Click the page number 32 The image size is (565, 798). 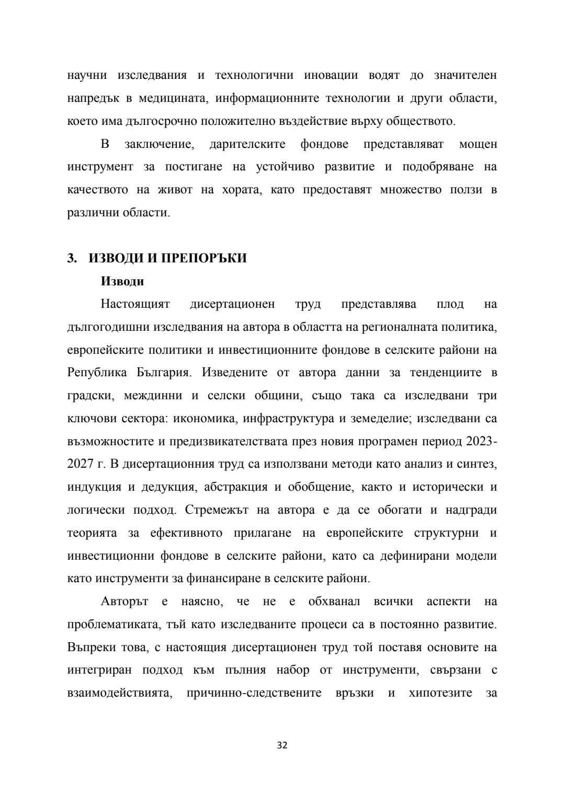click(x=282, y=745)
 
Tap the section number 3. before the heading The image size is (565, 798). click(x=72, y=259)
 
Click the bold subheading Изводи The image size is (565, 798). click(x=122, y=282)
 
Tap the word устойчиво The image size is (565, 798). click(x=285, y=167)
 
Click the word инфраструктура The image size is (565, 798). click(x=289, y=419)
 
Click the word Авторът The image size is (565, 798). click(x=125, y=602)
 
